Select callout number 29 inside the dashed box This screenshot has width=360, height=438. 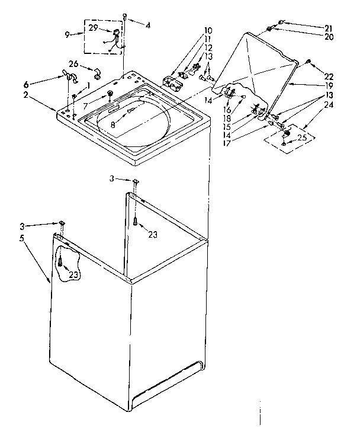94,28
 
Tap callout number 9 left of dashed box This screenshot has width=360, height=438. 68,34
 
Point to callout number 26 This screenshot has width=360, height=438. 73,65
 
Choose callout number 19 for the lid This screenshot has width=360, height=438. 328,85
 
